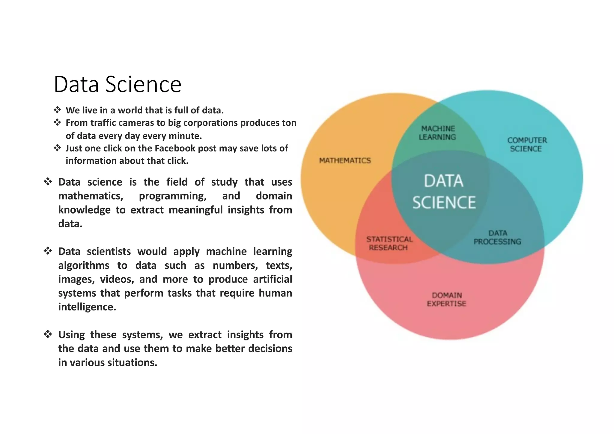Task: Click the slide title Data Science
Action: [x=118, y=84]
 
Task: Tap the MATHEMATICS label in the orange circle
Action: [x=345, y=161]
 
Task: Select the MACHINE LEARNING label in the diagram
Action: [x=437, y=133]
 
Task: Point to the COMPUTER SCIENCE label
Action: [x=527, y=145]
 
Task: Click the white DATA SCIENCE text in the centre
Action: [x=444, y=192]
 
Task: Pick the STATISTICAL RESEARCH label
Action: [x=389, y=244]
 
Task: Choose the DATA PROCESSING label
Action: [x=497, y=238]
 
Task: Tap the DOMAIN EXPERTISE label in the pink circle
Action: [x=446, y=300]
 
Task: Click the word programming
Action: [x=173, y=196]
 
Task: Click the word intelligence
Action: [x=87, y=307]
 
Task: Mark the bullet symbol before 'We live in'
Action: [x=57, y=110]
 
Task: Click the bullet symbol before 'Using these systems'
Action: [x=48, y=334]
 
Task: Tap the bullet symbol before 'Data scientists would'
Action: [x=48, y=251]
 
